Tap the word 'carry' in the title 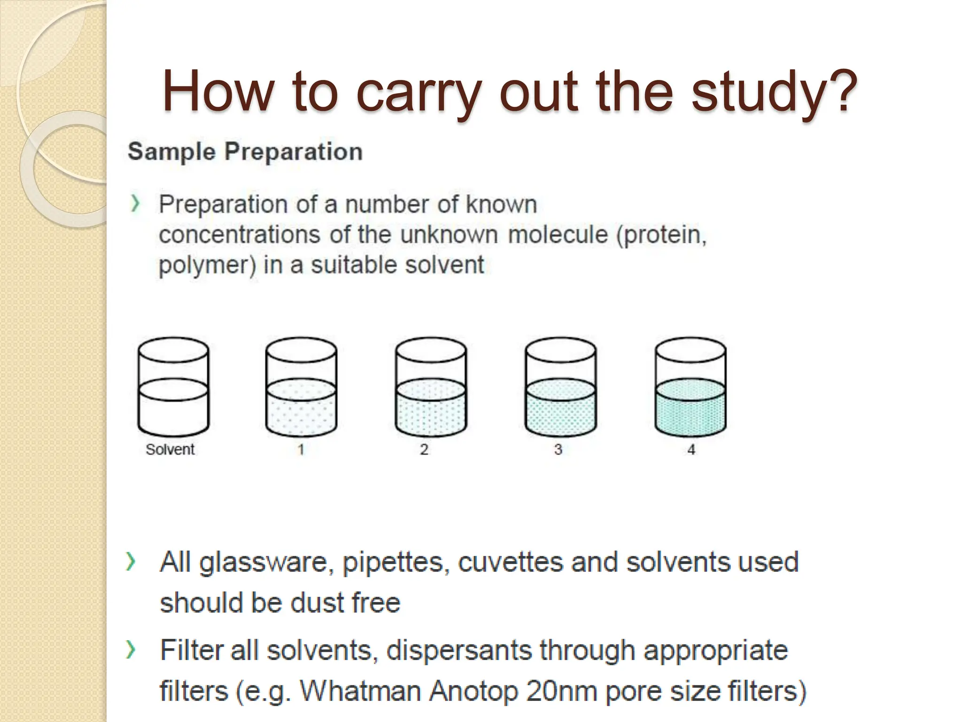coord(418,92)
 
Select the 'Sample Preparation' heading coord(245,152)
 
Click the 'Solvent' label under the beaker coord(170,449)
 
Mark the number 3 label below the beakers coord(558,449)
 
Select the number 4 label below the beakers coord(691,449)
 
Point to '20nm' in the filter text coord(560,691)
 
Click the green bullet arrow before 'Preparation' coord(135,204)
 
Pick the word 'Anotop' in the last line coord(473,691)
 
